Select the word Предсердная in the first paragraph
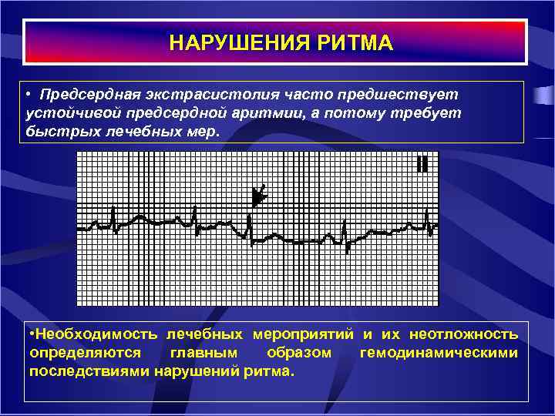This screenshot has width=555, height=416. point(90,94)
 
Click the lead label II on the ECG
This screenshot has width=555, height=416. point(422,164)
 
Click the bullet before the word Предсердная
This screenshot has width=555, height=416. point(28,94)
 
